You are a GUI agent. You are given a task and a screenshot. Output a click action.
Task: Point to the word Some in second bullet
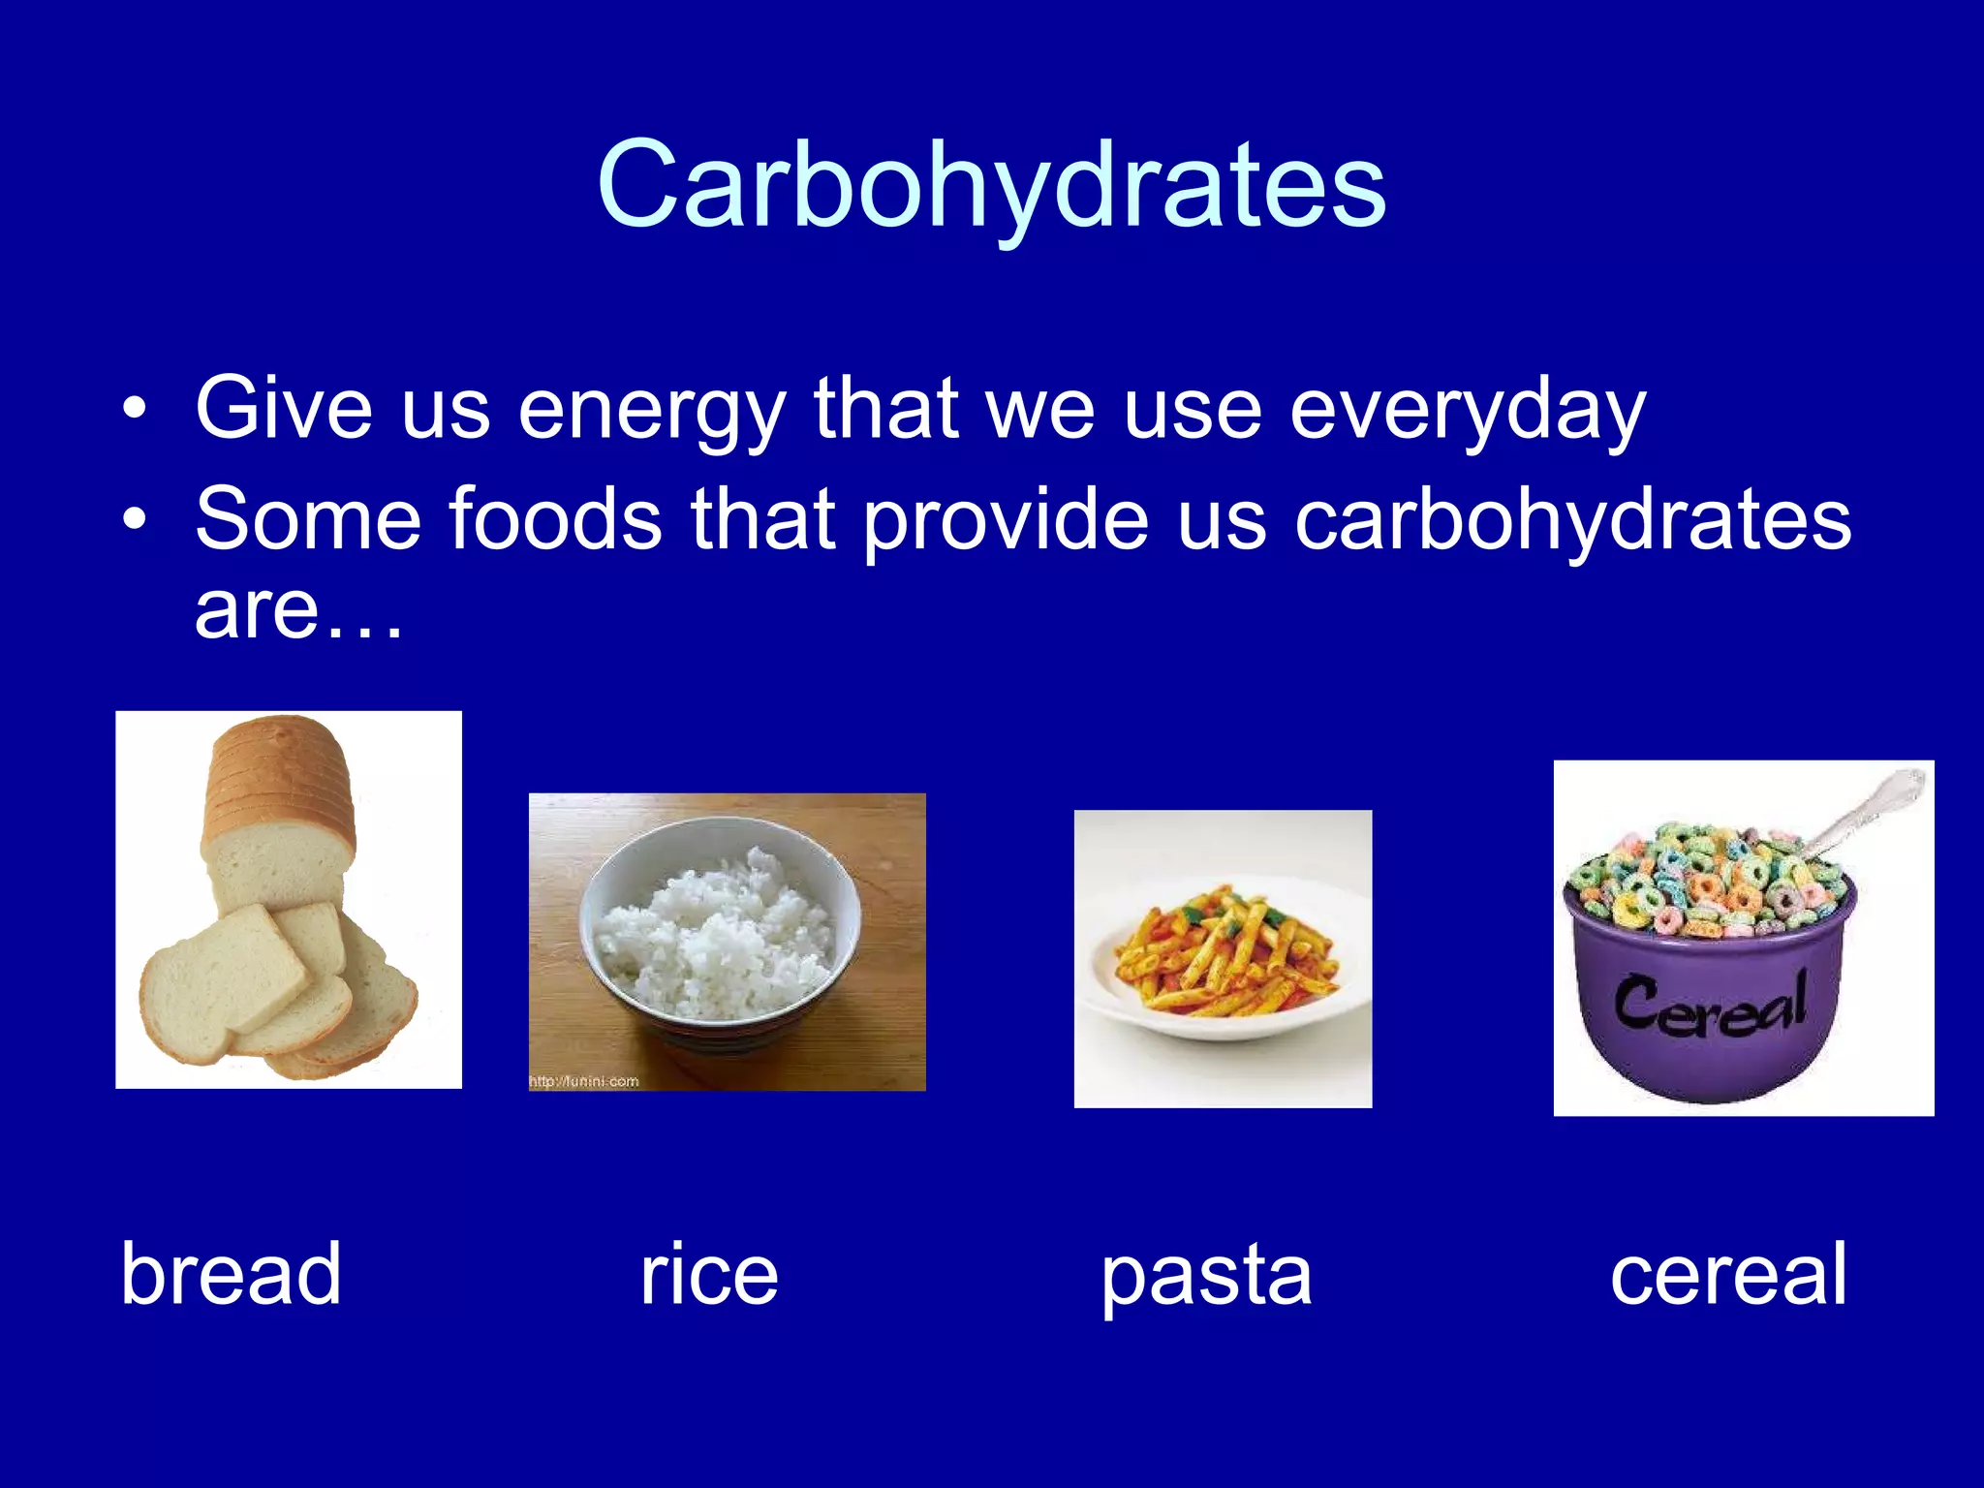[308, 519]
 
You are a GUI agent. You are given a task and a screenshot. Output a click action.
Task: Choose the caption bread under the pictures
[231, 1274]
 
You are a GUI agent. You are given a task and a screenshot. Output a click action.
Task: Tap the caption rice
[708, 1274]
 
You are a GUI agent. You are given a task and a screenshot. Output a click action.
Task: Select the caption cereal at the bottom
[1728, 1274]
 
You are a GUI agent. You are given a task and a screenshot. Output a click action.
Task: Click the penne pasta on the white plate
[1223, 954]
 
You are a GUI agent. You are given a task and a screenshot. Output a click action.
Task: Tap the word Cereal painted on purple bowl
[1710, 1003]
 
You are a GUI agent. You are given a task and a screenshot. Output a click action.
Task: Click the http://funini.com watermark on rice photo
[583, 1081]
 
